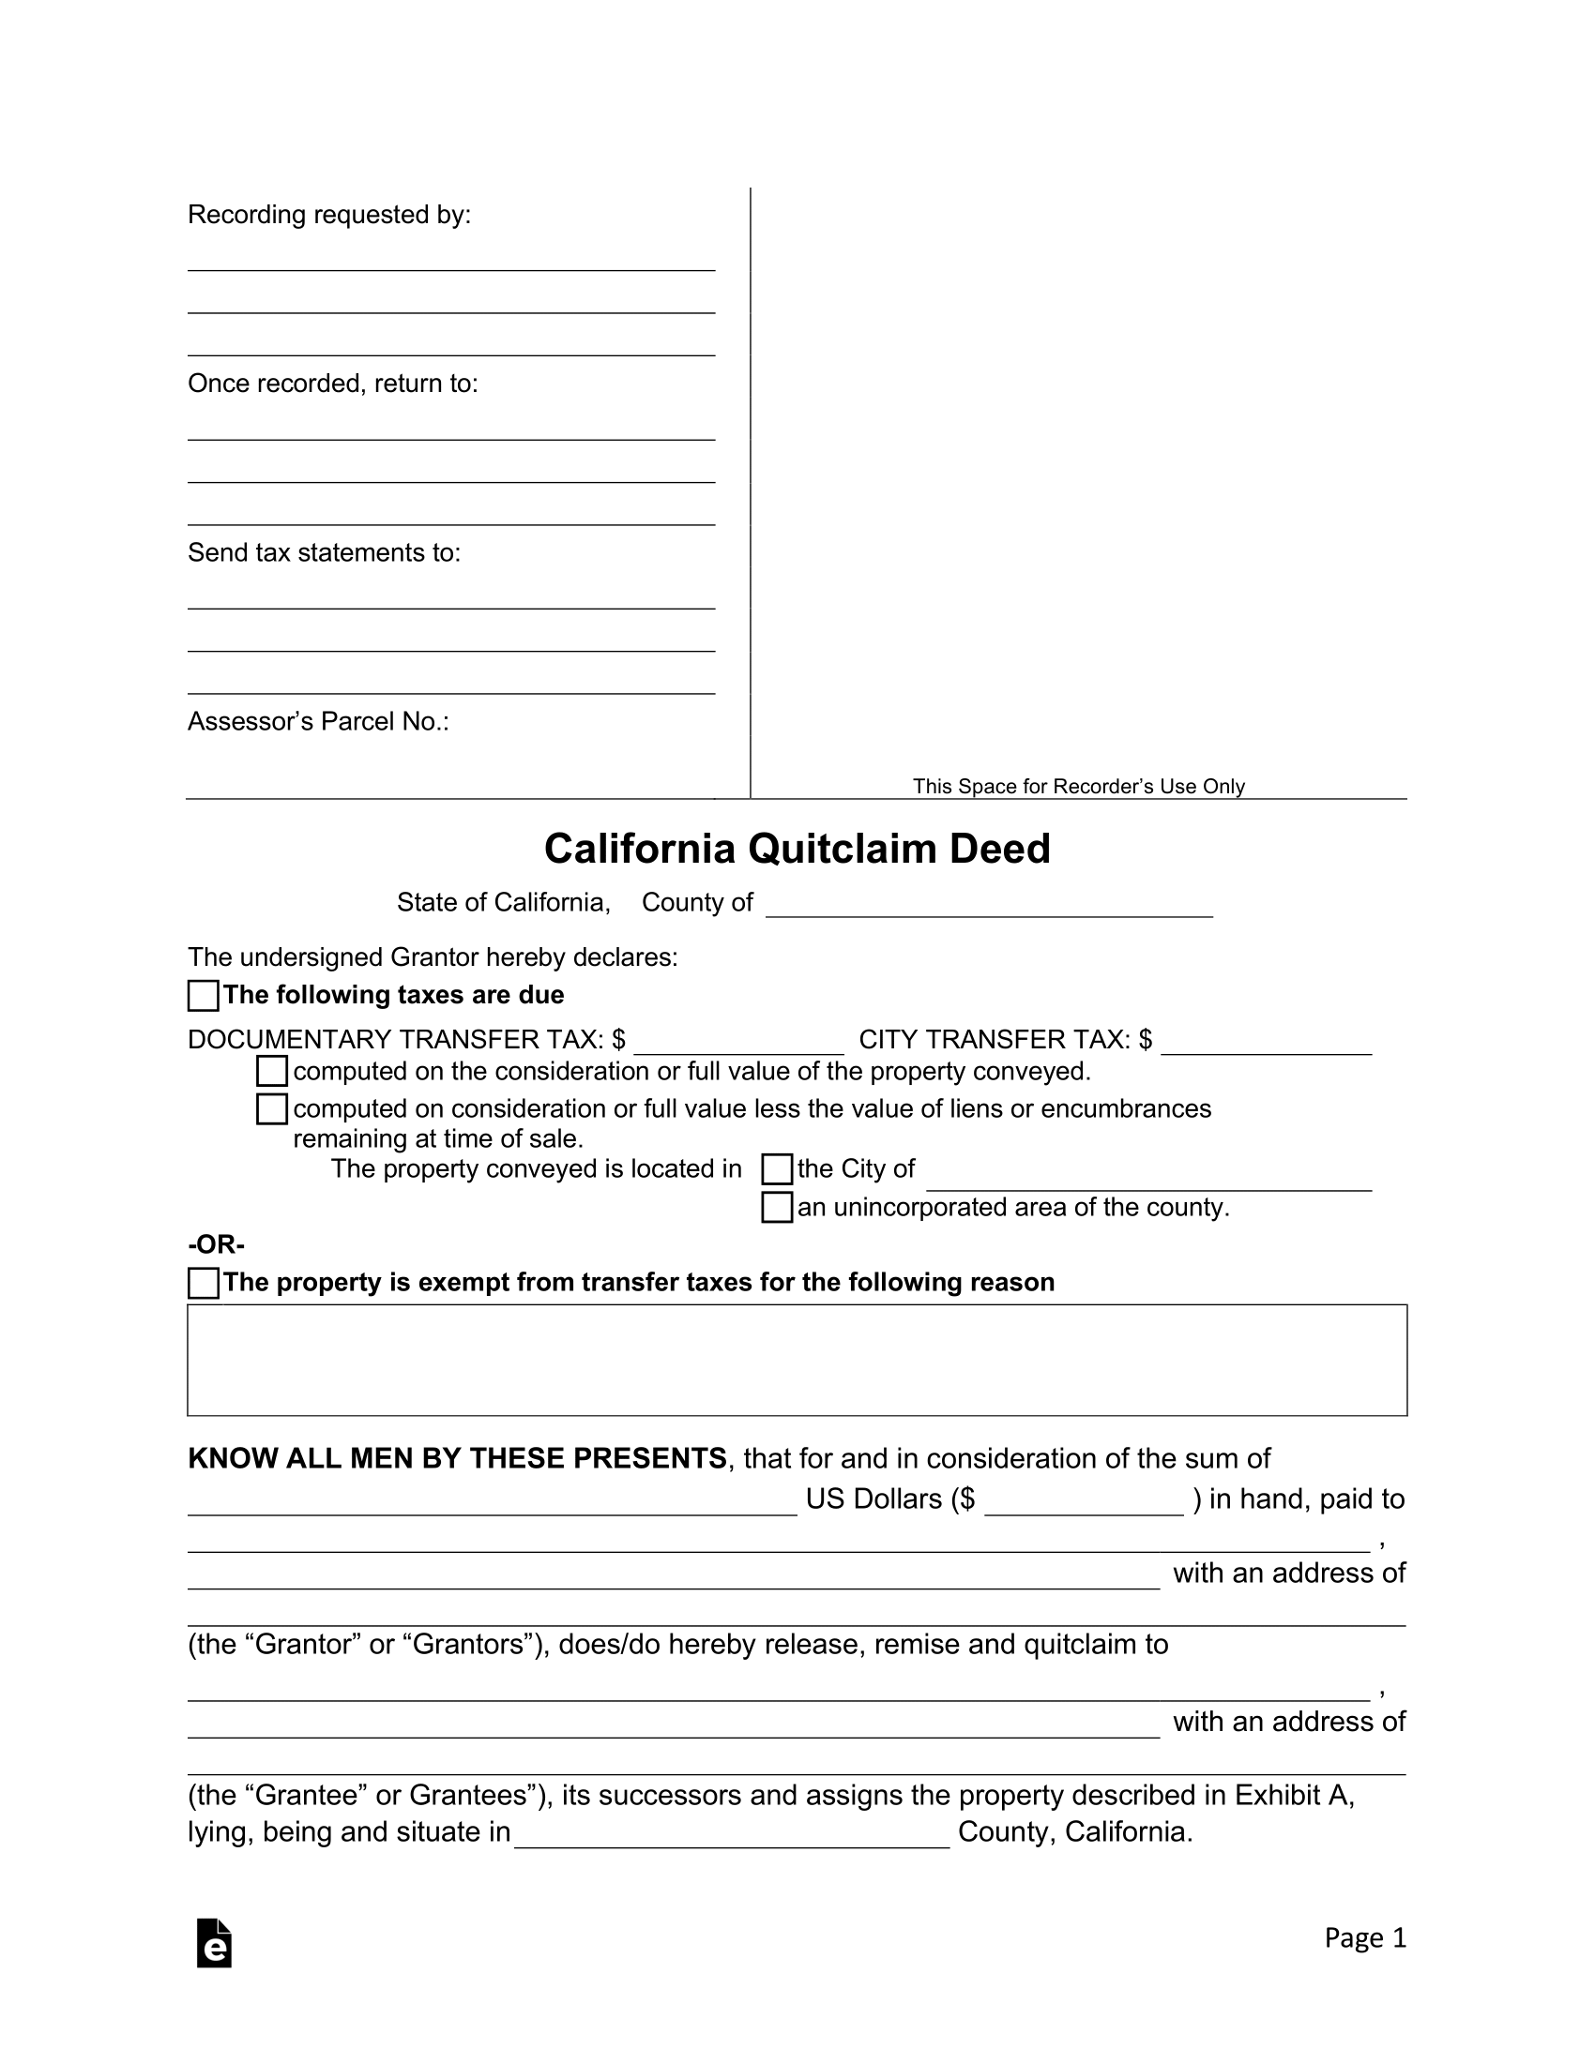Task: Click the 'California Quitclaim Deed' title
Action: (x=797, y=849)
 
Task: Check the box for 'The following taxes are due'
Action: (x=204, y=996)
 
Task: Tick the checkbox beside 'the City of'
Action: (x=777, y=1169)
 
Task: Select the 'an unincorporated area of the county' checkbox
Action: (x=777, y=1207)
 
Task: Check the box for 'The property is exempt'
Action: (x=204, y=1283)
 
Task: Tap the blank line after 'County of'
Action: (x=988, y=906)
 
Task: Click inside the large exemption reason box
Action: (x=797, y=1361)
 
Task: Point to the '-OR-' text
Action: (x=217, y=1244)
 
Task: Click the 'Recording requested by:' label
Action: (x=328, y=216)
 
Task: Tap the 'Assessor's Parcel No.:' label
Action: (x=318, y=722)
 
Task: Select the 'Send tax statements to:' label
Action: (x=324, y=552)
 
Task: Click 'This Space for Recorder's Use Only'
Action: (x=1078, y=786)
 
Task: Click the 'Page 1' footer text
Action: (x=1364, y=1938)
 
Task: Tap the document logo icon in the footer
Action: (x=215, y=1943)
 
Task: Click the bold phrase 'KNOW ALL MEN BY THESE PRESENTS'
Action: (x=457, y=1458)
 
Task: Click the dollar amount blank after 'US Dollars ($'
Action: (x=1084, y=1503)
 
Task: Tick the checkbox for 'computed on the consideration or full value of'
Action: (x=272, y=1071)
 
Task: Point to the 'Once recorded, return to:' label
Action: (x=333, y=384)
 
